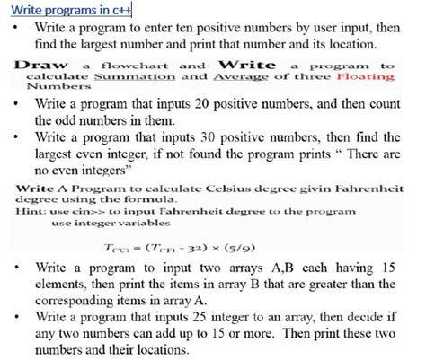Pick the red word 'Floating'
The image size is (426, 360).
pyautogui.click(x=365, y=77)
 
